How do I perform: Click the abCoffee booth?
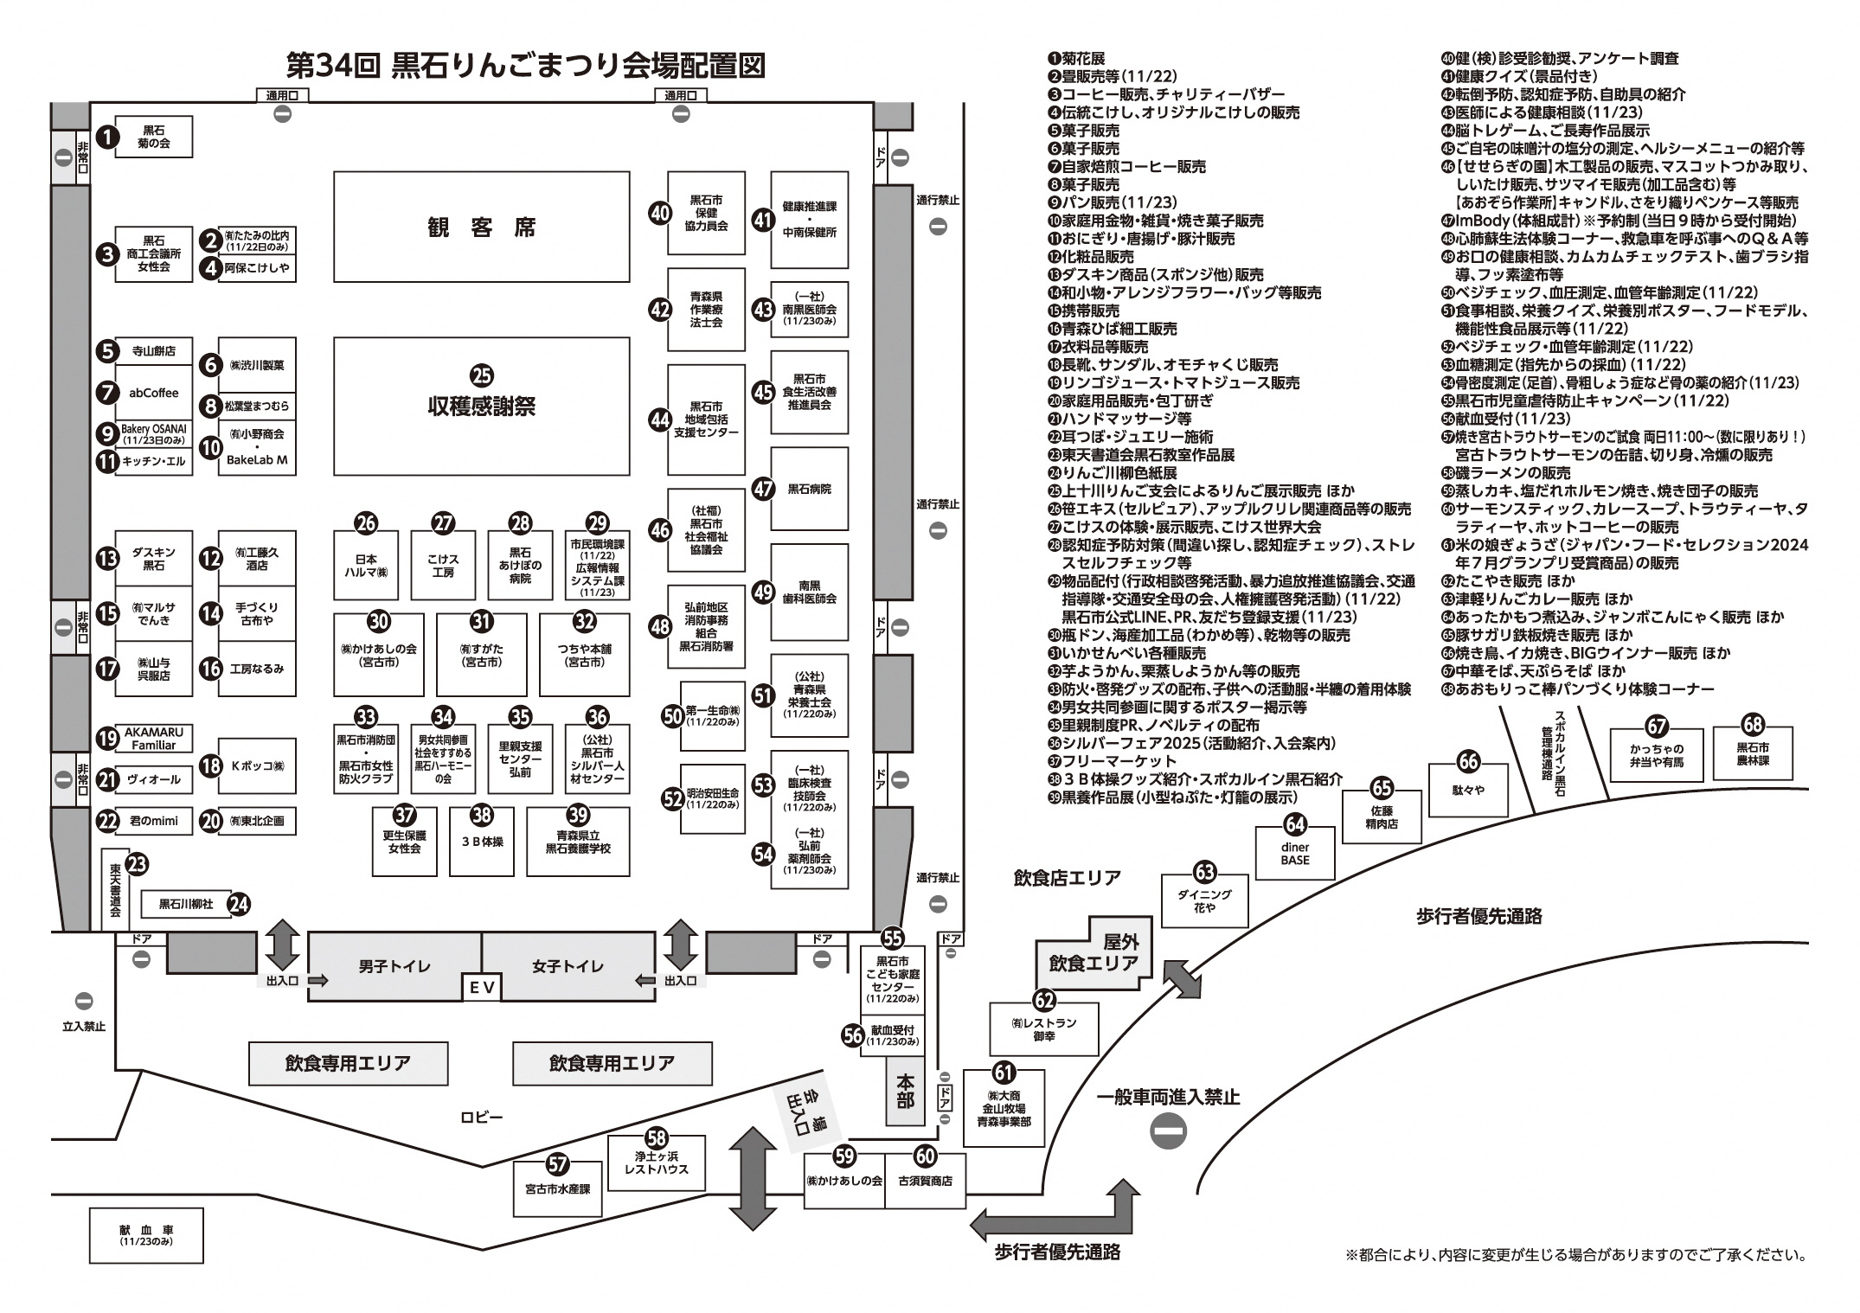pyautogui.click(x=154, y=393)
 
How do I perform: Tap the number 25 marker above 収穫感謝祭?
pyautogui.click(x=482, y=375)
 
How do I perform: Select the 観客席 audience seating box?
pyautogui.click(x=482, y=227)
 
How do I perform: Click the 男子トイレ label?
pyautogui.click(x=394, y=966)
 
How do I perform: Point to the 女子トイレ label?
pyautogui.click(x=568, y=966)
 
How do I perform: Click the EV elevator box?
pyautogui.click(x=481, y=987)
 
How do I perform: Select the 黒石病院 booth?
pyautogui.click(x=809, y=489)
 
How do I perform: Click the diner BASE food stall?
pyautogui.click(x=1295, y=853)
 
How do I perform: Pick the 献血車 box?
pyautogui.click(x=146, y=1235)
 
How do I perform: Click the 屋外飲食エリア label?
pyautogui.click(x=1094, y=951)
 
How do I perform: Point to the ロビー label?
pyautogui.click(x=482, y=1118)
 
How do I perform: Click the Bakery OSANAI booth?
pyautogui.click(x=154, y=434)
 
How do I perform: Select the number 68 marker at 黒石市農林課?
pyautogui.click(x=1753, y=725)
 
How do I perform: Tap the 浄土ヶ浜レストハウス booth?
pyautogui.click(x=657, y=1162)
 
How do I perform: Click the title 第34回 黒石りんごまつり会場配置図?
pyautogui.click(x=526, y=65)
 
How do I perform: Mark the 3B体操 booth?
pyautogui.click(x=482, y=841)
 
